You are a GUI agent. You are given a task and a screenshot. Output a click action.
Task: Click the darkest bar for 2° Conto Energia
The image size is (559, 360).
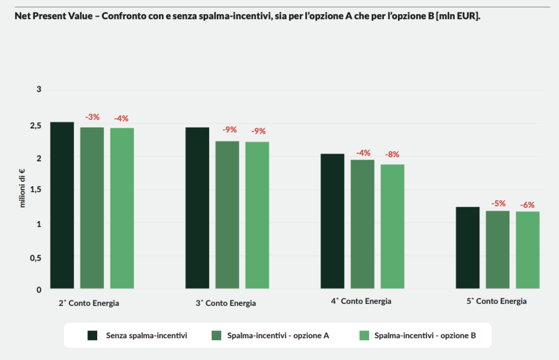pos(62,205)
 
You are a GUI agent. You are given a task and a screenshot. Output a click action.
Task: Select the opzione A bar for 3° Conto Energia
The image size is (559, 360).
pos(227,214)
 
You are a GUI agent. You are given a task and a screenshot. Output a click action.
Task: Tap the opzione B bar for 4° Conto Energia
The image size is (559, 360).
pos(393,226)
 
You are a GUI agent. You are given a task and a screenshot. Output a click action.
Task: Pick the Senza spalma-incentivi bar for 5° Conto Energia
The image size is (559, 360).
pos(467,248)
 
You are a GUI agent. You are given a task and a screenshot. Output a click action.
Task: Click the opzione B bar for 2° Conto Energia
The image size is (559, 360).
pos(122,208)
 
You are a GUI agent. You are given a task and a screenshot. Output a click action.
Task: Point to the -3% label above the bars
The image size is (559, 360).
pos(92,117)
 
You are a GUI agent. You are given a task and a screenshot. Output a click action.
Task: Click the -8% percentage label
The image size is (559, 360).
pos(393,154)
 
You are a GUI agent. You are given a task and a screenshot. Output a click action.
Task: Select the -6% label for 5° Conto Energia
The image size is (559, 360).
pos(527,205)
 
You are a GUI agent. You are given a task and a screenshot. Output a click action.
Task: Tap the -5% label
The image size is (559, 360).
pos(498,203)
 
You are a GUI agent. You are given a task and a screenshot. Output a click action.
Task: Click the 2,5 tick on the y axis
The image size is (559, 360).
pos(35,126)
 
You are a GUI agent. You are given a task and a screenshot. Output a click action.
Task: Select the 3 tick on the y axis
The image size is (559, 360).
pos(39,89)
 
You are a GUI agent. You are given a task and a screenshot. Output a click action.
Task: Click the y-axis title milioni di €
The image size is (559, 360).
pos(23,188)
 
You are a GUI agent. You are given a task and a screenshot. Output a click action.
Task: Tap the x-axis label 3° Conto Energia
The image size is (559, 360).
pos(226,303)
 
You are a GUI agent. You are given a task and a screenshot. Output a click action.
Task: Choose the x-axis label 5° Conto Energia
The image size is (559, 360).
pos(497,301)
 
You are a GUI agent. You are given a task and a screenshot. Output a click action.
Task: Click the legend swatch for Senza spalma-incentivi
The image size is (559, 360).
pos(93,335)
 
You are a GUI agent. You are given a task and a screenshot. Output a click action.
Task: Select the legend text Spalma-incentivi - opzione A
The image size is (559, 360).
pos(278,335)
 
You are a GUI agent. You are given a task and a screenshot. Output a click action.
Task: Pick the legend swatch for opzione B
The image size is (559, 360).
pos(363,335)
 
